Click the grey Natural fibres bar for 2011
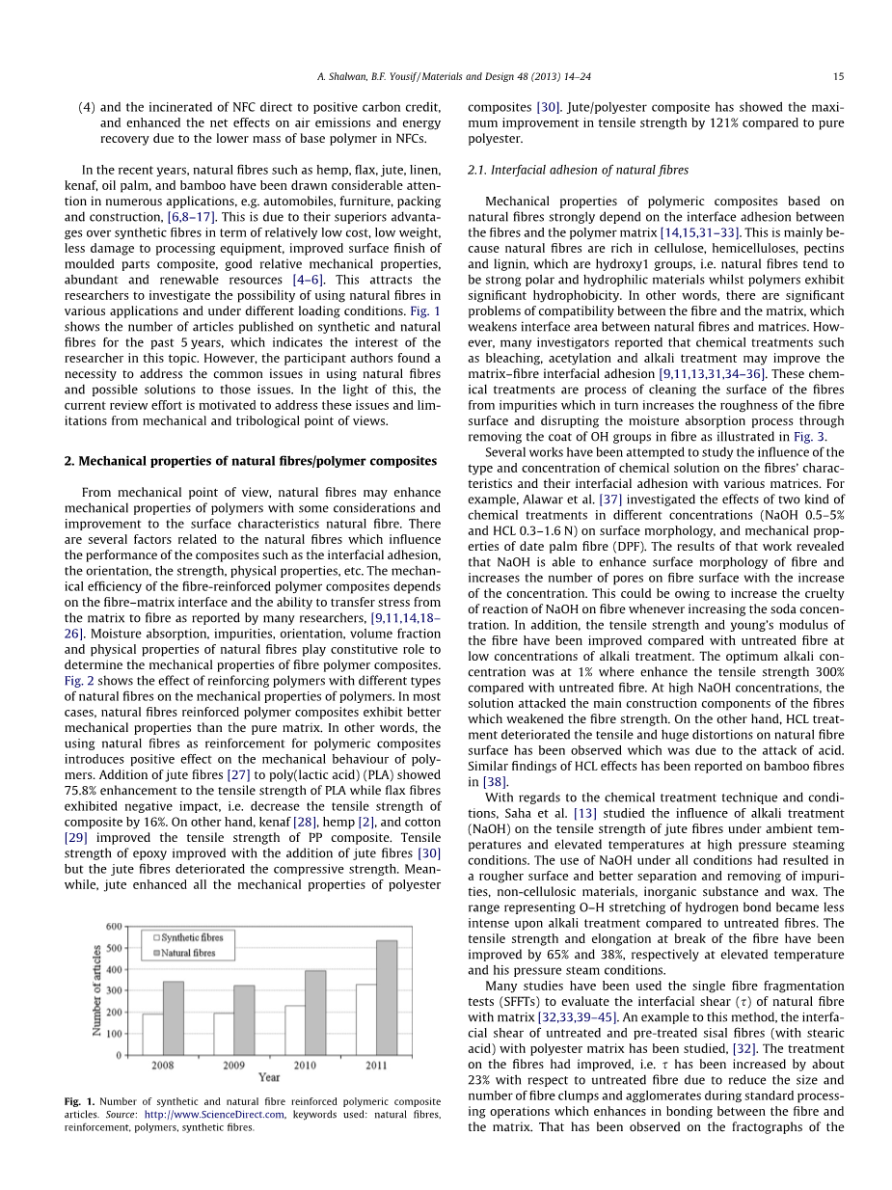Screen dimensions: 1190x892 click(386, 997)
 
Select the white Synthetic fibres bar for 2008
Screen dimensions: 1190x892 click(152, 1034)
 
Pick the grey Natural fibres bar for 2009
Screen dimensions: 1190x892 click(244, 1020)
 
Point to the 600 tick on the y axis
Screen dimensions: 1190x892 click(112, 927)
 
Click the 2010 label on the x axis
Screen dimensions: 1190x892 click(305, 1066)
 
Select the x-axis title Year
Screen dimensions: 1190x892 click(269, 1077)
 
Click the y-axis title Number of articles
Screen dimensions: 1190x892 click(97, 991)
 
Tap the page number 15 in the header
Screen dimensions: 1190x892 click(838, 77)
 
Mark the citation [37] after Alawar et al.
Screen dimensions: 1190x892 click(609, 500)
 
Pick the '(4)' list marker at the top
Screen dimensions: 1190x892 click(86, 107)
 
